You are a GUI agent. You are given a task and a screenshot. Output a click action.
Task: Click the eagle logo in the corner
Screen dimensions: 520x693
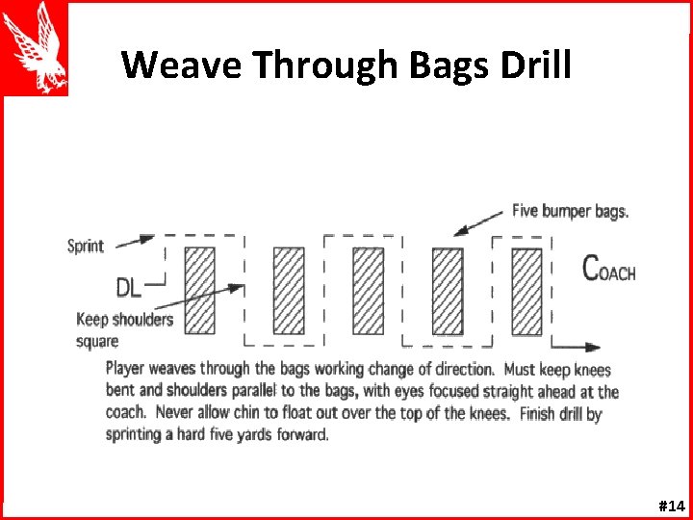35,48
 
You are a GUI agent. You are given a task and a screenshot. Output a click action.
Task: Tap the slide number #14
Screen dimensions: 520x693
670,506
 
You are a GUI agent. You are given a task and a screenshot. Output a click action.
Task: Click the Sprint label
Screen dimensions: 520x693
85,247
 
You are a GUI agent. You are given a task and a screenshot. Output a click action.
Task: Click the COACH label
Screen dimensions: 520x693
609,269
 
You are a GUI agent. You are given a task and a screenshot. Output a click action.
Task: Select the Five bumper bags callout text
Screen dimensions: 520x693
570,211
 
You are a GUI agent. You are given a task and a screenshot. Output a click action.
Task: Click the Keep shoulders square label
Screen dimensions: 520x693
124,329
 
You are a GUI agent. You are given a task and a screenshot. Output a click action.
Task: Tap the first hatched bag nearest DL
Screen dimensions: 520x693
199,290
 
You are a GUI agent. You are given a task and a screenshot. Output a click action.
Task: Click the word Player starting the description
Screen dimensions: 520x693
125,369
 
